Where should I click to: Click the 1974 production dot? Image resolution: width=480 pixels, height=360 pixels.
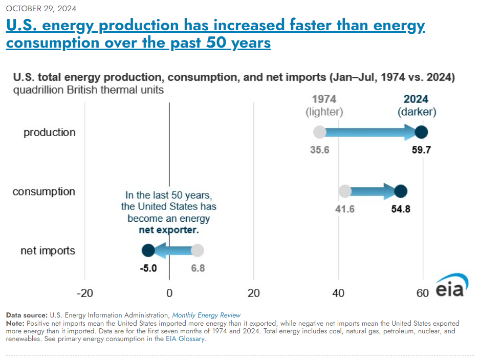(319, 132)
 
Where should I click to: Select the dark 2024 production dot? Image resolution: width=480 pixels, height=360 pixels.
(421, 132)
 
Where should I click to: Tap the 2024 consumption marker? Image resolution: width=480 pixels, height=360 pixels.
(400, 192)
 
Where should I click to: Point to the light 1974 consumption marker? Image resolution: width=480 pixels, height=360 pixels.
(345, 192)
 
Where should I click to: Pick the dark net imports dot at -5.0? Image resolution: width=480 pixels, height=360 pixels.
(148, 250)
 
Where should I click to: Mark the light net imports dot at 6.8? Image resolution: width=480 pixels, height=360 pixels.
(198, 250)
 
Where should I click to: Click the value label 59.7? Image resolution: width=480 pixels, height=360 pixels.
(423, 151)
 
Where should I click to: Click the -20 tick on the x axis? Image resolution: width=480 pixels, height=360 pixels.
(85, 293)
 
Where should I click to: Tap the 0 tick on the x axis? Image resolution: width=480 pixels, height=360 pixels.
(169, 293)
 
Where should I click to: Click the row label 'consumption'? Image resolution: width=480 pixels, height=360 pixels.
(43, 192)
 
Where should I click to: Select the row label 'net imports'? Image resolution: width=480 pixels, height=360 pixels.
(48, 251)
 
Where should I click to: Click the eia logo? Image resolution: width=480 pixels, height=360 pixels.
(450, 288)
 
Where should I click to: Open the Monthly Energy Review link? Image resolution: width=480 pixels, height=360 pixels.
(206, 315)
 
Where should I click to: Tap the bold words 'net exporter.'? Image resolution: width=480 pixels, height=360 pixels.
(168, 230)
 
